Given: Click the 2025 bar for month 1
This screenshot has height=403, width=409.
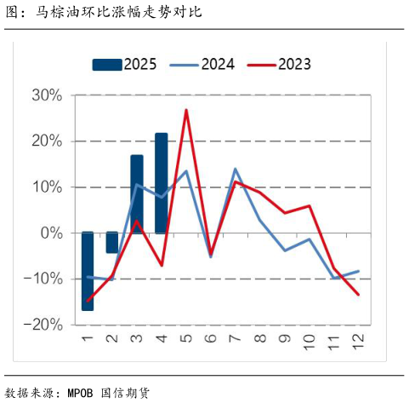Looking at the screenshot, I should [x=88, y=271].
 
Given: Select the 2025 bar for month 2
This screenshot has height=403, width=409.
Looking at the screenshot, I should [x=111, y=243].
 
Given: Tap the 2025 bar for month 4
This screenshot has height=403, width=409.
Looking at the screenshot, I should [x=161, y=183].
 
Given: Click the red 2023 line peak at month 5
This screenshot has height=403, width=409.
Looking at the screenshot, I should [x=185, y=110].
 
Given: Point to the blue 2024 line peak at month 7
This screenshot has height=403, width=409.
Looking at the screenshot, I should [x=235, y=169].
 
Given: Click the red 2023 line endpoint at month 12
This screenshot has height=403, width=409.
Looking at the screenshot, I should [x=357, y=295].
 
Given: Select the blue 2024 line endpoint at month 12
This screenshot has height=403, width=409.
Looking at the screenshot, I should [x=357, y=271].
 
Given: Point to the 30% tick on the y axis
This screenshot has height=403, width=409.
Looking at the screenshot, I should [x=48, y=95].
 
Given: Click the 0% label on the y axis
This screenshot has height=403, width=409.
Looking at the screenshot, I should [x=52, y=233].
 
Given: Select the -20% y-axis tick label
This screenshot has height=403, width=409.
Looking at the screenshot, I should [x=44, y=325].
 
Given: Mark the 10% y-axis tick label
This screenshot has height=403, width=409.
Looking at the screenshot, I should [x=48, y=187].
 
